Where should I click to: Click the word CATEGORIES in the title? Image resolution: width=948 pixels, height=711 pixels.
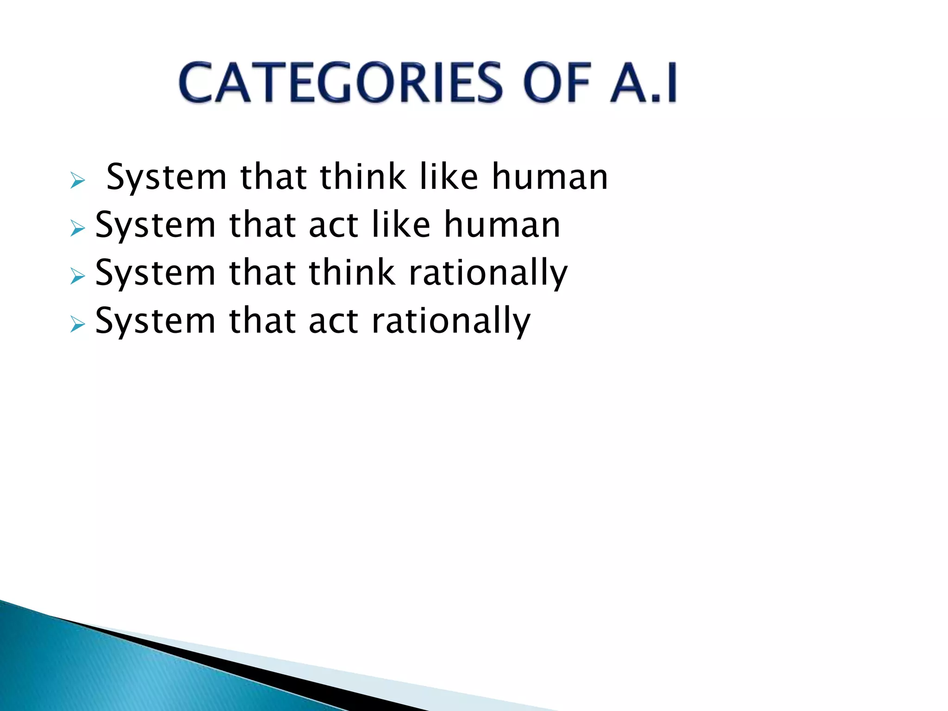(x=340, y=83)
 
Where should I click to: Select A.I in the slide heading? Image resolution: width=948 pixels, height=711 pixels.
(x=643, y=83)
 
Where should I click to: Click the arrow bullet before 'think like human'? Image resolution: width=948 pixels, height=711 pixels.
(x=77, y=181)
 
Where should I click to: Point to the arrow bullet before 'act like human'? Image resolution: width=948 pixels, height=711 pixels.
(x=77, y=228)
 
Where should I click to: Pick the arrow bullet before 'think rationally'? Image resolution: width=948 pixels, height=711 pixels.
(x=77, y=276)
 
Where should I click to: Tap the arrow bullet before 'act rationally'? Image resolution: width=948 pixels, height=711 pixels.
(x=77, y=324)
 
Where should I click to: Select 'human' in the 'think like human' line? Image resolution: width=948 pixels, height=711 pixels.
(x=549, y=177)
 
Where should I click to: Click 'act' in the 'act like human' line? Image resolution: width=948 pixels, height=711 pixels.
(x=333, y=225)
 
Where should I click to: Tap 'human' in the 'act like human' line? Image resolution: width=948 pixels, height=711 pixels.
(x=502, y=225)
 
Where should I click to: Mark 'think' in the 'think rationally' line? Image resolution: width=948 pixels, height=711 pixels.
(x=352, y=273)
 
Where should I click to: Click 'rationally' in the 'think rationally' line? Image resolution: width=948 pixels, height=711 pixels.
(x=488, y=274)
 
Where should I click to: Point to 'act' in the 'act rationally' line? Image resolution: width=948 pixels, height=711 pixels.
(x=333, y=321)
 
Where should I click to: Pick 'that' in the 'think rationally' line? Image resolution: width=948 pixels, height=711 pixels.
(x=262, y=273)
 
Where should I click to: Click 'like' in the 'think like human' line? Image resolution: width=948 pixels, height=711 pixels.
(x=449, y=177)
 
